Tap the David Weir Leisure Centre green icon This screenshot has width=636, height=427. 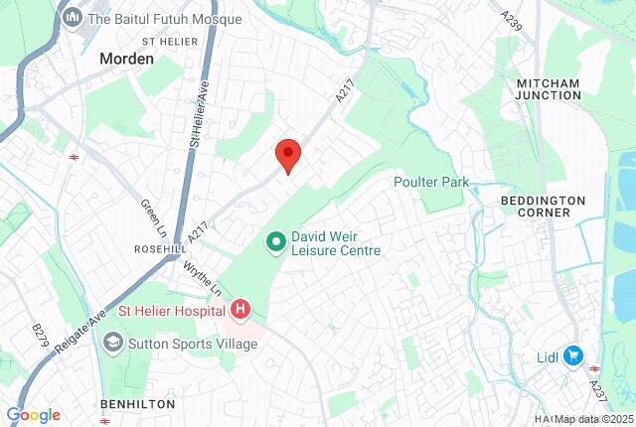tap(276, 241)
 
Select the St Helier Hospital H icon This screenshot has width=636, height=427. tap(240, 312)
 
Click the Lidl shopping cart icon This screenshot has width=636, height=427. tap(572, 355)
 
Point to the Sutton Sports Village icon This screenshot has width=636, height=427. tap(113, 344)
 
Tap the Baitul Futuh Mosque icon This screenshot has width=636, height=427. tap(73, 19)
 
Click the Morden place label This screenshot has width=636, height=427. tap(126, 59)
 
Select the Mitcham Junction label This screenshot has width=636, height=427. tap(549, 88)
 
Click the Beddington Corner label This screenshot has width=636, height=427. tap(550, 206)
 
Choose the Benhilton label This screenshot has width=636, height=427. tap(138, 404)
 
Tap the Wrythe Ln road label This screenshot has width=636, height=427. tap(203, 277)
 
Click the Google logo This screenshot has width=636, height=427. tap(33, 415)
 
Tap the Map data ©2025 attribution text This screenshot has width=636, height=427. tap(593, 419)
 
